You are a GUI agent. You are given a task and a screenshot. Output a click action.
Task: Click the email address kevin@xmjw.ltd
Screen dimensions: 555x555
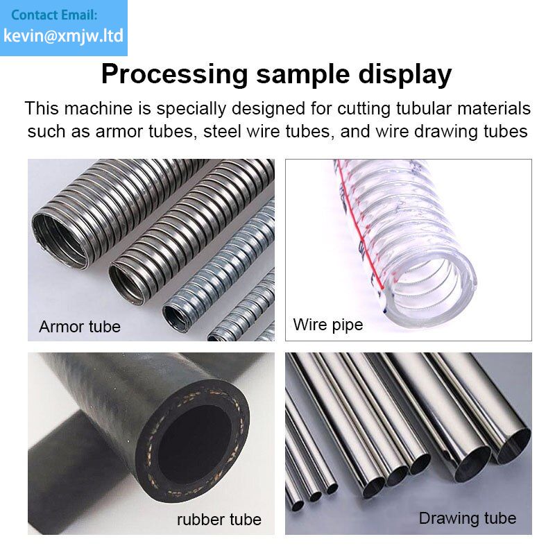(x=63, y=36)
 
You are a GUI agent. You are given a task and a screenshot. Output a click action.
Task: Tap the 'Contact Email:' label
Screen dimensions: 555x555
(x=54, y=15)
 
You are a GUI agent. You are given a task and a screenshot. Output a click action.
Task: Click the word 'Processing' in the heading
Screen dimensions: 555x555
(x=175, y=75)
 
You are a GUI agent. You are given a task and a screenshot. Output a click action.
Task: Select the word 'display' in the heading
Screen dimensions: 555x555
(x=405, y=75)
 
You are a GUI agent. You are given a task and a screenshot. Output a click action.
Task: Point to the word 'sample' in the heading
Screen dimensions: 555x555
(x=303, y=75)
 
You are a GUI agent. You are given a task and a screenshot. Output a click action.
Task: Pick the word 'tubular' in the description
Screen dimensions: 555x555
(x=423, y=108)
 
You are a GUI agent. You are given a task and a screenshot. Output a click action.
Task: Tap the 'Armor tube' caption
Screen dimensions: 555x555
(x=80, y=326)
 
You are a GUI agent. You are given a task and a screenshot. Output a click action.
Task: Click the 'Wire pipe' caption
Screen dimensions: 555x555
(x=327, y=325)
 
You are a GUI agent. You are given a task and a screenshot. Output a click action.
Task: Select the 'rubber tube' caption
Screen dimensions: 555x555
(x=219, y=520)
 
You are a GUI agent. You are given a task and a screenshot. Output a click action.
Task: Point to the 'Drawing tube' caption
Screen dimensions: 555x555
(x=467, y=518)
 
